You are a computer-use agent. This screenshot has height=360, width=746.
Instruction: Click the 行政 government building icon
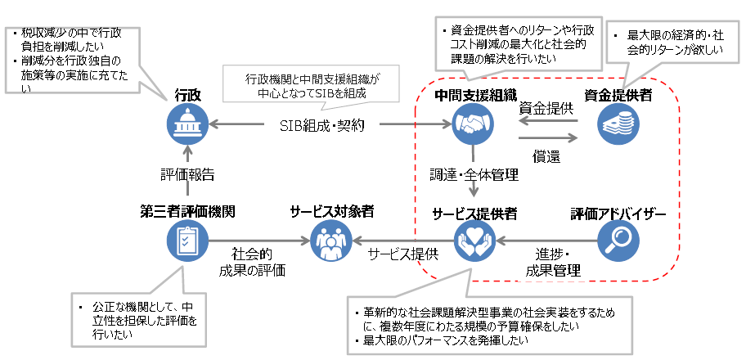click(187, 126)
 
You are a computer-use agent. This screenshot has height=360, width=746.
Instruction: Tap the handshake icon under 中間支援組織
click(474, 126)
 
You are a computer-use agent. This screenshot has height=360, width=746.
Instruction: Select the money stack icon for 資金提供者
click(618, 126)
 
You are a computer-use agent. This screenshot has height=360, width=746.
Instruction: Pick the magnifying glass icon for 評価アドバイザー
click(618, 241)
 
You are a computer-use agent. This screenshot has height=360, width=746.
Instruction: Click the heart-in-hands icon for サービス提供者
click(474, 241)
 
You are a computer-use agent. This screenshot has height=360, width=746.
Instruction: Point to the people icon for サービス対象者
click(331, 241)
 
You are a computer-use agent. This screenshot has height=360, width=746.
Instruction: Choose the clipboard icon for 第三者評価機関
click(187, 241)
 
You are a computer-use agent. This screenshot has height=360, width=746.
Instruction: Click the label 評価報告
click(187, 173)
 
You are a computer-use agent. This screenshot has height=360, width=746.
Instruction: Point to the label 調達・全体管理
click(475, 173)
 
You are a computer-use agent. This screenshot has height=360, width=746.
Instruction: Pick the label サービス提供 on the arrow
click(403, 254)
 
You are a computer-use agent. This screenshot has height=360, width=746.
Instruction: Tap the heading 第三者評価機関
click(187, 212)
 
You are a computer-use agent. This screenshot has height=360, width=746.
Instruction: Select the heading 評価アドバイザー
click(618, 214)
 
